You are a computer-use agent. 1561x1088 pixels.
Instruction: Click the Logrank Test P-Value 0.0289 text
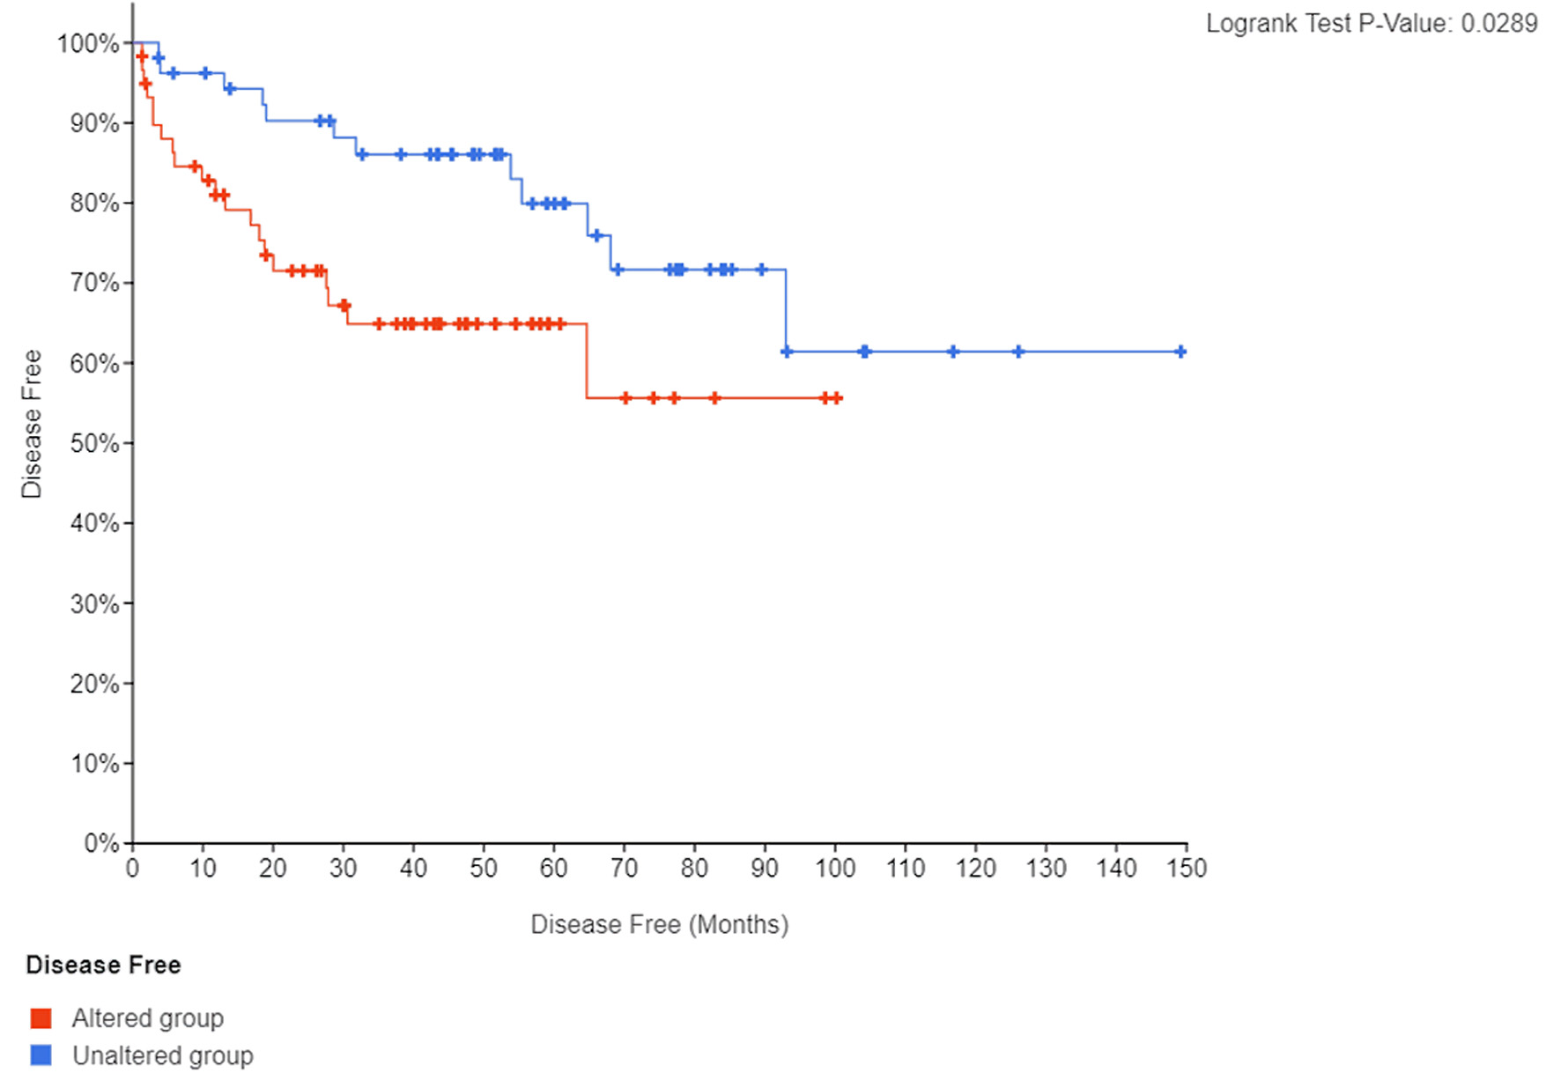point(1371,24)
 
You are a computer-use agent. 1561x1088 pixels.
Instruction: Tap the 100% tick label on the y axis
point(87,43)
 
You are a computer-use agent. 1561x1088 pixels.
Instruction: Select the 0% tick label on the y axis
point(100,843)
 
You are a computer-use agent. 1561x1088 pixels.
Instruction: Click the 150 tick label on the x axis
point(1186,869)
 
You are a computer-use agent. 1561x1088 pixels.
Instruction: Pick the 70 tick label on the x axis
point(624,869)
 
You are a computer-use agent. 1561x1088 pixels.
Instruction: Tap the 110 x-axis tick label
point(905,869)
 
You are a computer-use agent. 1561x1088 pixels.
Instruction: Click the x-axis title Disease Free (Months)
point(659,924)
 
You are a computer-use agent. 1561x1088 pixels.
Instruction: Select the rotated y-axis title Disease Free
point(32,424)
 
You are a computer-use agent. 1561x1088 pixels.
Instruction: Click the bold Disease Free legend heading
point(103,965)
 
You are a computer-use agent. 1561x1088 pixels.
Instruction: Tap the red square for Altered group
point(41,1018)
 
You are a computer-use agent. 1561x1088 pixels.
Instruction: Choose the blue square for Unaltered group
point(41,1055)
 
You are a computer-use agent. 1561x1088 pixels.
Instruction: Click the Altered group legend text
point(147,1018)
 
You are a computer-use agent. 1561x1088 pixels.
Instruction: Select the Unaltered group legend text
point(162,1055)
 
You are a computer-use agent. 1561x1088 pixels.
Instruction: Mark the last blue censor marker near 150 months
point(1180,352)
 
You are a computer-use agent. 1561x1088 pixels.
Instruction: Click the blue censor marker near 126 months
point(1018,352)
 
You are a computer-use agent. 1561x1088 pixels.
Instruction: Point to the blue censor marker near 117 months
point(952,352)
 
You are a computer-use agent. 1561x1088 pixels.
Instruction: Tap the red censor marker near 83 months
point(714,398)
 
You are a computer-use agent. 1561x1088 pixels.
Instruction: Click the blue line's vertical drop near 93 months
point(786,310)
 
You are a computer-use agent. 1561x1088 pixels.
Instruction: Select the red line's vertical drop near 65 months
point(587,361)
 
